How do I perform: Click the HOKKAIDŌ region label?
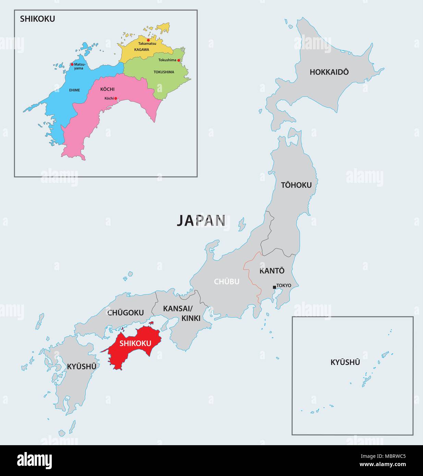[x=329, y=72]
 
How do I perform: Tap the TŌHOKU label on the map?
[x=296, y=185]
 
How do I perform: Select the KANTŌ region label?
[x=272, y=271]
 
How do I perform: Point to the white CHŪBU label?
[x=227, y=281]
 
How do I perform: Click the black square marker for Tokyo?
[x=274, y=287]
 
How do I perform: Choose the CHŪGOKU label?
[x=125, y=313]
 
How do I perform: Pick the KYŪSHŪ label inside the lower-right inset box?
[x=345, y=362]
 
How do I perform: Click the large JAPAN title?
[x=201, y=221]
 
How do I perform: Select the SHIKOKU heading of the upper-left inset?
[x=37, y=19]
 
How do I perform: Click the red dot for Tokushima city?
[x=179, y=60]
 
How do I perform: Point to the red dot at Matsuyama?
[x=72, y=64]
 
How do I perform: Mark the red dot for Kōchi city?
[x=116, y=98]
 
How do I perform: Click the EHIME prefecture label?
[x=74, y=90]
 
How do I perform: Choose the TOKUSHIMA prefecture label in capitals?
[x=164, y=72]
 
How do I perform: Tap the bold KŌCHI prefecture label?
[x=107, y=89]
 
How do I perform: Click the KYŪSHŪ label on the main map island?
[x=82, y=366]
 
